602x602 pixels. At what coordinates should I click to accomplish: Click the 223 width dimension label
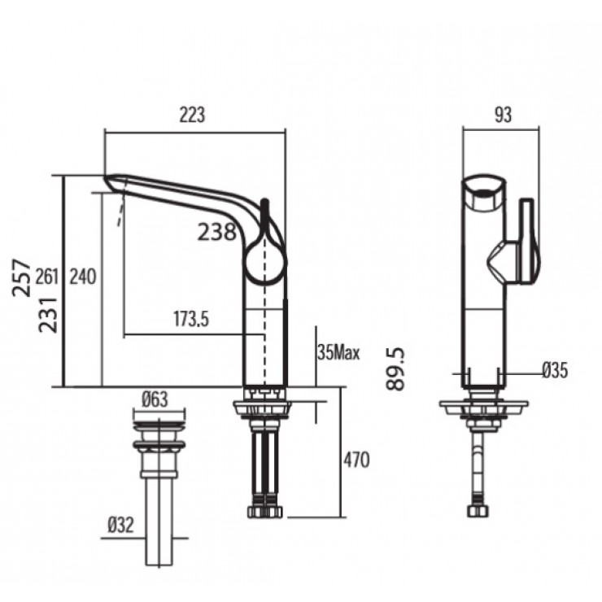(193, 116)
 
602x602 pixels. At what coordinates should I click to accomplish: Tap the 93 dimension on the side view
(503, 116)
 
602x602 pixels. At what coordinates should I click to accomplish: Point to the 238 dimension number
(217, 233)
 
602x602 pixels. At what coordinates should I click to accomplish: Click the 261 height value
(48, 277)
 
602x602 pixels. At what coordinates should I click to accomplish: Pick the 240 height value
(82, 277)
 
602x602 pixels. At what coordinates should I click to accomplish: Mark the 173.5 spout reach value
(190, 320)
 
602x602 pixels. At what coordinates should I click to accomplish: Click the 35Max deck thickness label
(338, 353)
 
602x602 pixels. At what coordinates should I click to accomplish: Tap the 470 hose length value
(356, 460)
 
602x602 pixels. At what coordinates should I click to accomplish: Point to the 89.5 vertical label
(397, 368)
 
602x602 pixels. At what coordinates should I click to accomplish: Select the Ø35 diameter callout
(554, 371)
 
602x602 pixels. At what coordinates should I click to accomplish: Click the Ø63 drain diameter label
(155, 399)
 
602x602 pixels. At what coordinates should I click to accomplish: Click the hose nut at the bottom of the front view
(265, 513)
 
